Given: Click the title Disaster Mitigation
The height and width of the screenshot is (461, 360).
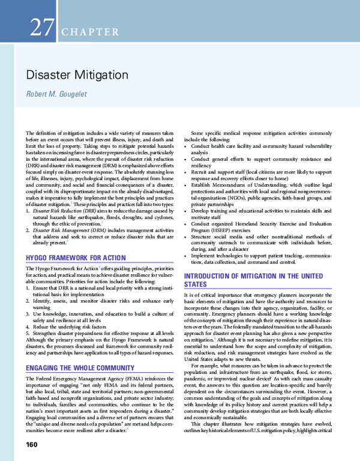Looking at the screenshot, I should tap(76, 75).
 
